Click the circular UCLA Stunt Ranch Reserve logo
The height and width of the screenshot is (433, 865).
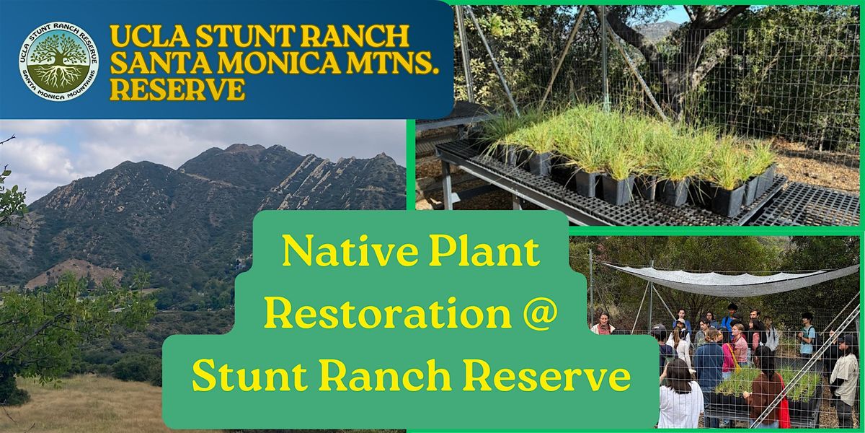point(58,61)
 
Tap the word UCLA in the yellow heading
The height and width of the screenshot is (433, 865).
point(148,36)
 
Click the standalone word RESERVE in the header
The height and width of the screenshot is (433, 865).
point(177,89)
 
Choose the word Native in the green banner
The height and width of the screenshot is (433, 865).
point(350,252)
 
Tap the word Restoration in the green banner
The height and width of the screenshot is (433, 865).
point(388,313)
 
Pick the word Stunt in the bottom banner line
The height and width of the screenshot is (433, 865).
point(250,375)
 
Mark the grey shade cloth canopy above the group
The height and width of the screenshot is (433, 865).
point(729,279)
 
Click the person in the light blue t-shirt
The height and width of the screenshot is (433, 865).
point(807,336)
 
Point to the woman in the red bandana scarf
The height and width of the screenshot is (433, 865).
point(603,324)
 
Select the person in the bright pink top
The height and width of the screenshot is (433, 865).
point(727,358)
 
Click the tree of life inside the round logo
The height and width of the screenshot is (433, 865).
point(58,61)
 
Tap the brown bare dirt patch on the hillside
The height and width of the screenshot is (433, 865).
point(74,273)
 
